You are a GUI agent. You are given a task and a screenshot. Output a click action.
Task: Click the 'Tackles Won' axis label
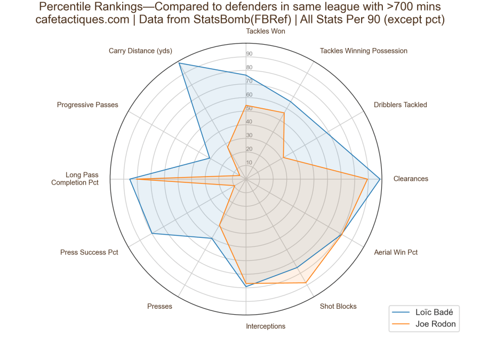click(265, 31)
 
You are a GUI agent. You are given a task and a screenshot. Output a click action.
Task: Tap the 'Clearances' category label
click(411, 179)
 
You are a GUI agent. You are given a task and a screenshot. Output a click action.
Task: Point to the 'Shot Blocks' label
click(338, 306)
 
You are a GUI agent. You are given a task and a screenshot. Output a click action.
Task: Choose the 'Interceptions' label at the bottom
click(266, 326)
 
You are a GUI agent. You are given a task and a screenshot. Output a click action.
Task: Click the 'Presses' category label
click(159, 306)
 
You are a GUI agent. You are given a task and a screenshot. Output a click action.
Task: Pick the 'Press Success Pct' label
click(89, 252)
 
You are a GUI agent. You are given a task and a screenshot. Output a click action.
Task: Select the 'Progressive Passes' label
click(87, 105)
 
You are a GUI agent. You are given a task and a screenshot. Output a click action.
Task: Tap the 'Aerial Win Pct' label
click(396, 252)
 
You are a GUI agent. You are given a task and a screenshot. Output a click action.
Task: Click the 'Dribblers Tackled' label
click(401, 105)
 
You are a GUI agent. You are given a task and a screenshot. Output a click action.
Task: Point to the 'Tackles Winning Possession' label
click(363, 51)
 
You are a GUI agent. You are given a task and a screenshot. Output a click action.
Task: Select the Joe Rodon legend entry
click(435, 324)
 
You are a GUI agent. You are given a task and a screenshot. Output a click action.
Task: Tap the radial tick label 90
click(249, 54)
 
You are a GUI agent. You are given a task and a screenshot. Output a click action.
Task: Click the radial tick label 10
click(249, 162)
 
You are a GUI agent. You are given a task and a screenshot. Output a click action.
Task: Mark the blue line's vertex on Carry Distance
click(179, 63)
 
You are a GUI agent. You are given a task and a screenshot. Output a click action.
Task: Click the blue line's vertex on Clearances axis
click(380, 179)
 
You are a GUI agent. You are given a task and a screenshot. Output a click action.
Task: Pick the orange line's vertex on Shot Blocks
click(306, 282)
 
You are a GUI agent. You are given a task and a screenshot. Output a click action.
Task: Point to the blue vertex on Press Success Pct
click(151, 234)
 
